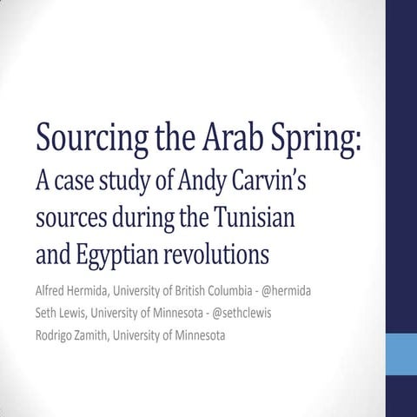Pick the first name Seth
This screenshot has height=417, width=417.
49,313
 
